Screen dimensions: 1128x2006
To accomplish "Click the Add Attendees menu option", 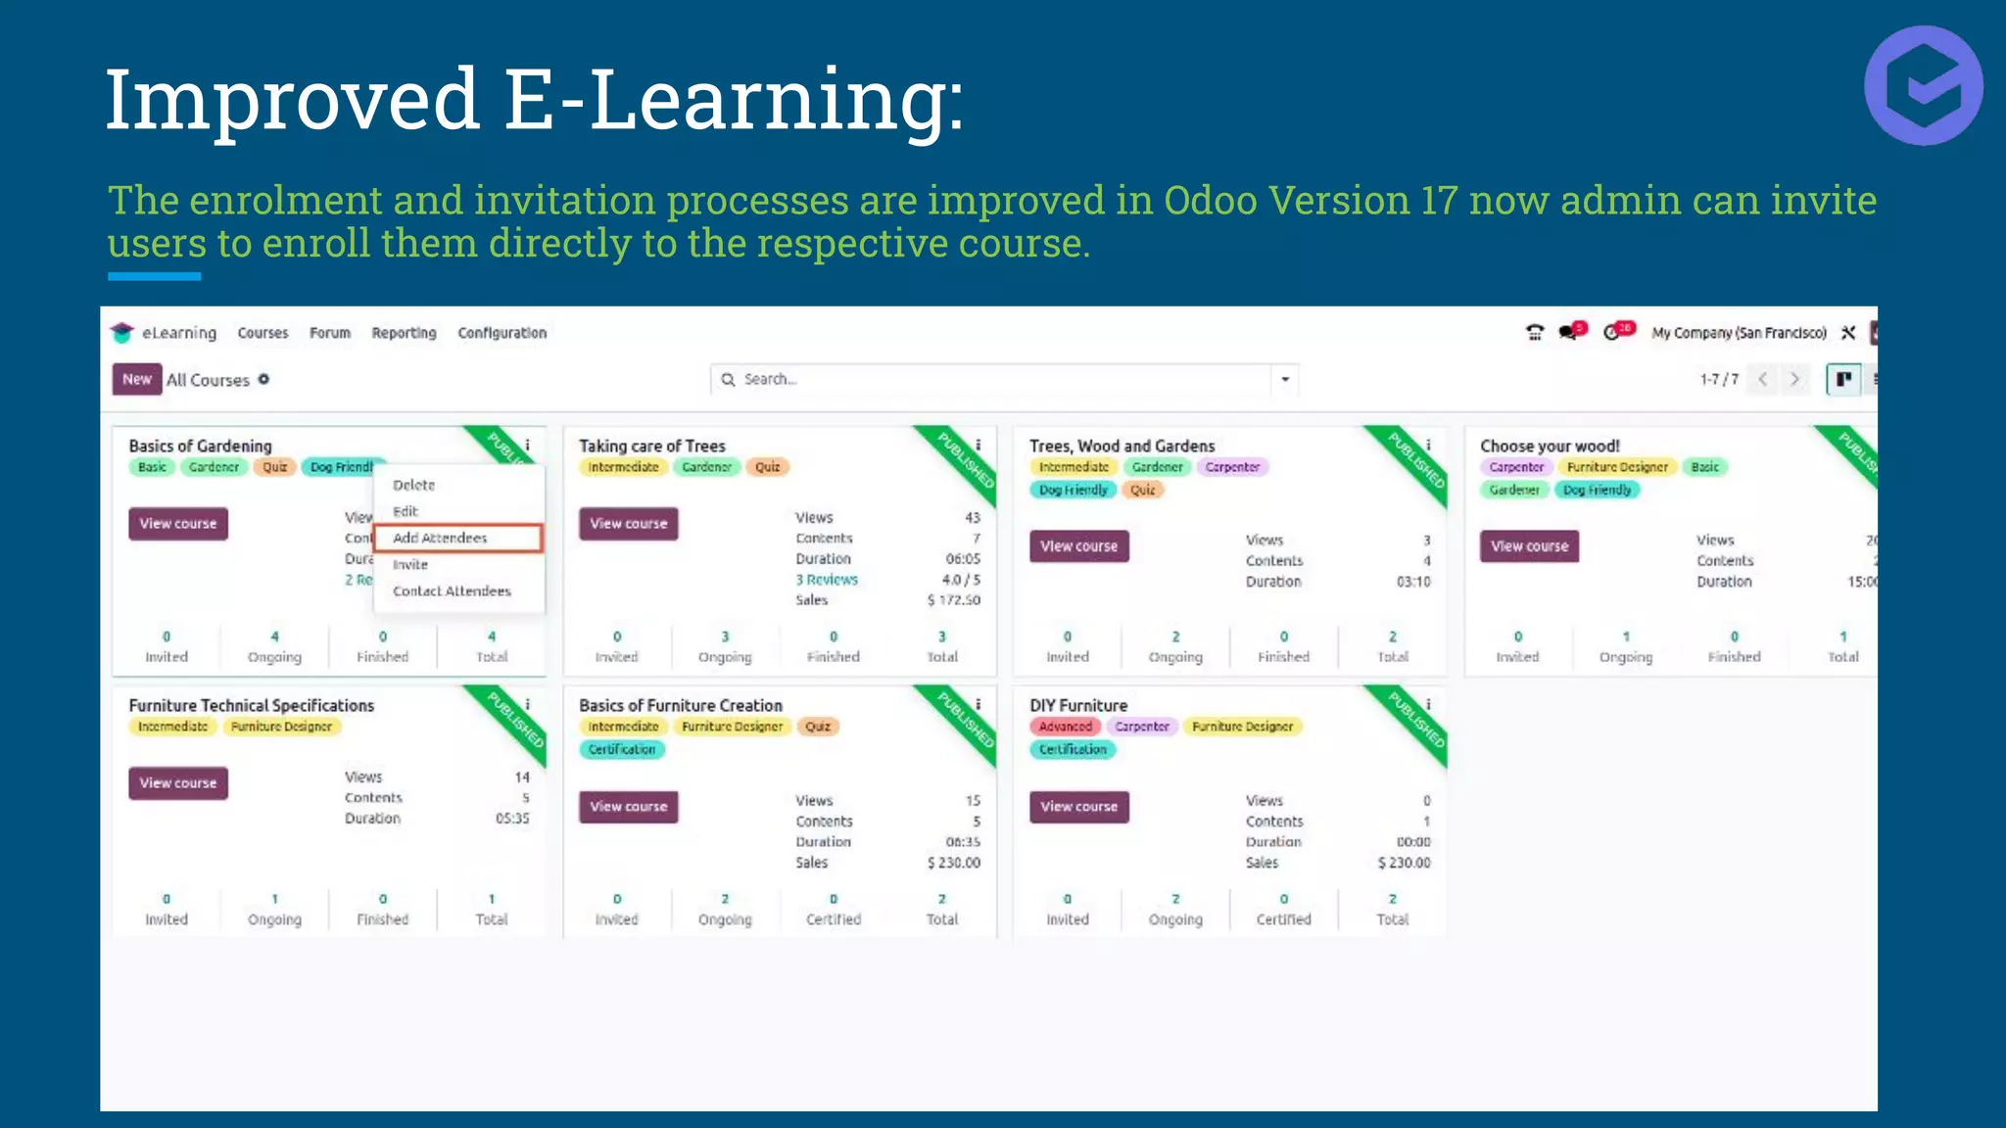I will pos(441,538).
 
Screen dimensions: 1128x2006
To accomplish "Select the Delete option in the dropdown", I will pos(413,485).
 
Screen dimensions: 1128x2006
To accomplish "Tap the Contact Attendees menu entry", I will pos(452,590).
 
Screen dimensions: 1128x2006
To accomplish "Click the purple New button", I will pos(136,379).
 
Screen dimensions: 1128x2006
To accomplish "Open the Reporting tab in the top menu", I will pos(404,333).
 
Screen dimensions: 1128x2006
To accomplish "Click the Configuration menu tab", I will pos(501,333).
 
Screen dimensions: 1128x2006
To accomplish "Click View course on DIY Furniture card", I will pos(1078,807).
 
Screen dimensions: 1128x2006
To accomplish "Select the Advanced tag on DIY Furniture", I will pos(1065,727).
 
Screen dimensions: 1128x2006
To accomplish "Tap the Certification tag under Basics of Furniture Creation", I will pos(622,749).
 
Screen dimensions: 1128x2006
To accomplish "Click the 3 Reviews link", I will pos(826,580).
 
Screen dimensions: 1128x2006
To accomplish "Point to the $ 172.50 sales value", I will pos(953,600).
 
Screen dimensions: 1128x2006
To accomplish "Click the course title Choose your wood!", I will pos(1550,446).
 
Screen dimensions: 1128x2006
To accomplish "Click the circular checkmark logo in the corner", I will pos(1924,86).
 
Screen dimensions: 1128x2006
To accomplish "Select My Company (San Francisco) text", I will pos(1739,333).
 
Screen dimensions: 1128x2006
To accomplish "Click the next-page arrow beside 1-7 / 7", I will pos(1794,379).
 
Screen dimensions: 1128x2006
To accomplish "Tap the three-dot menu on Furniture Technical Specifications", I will pos(527,704).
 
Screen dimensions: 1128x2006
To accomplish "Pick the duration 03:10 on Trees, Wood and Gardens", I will pos(1412,582).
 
